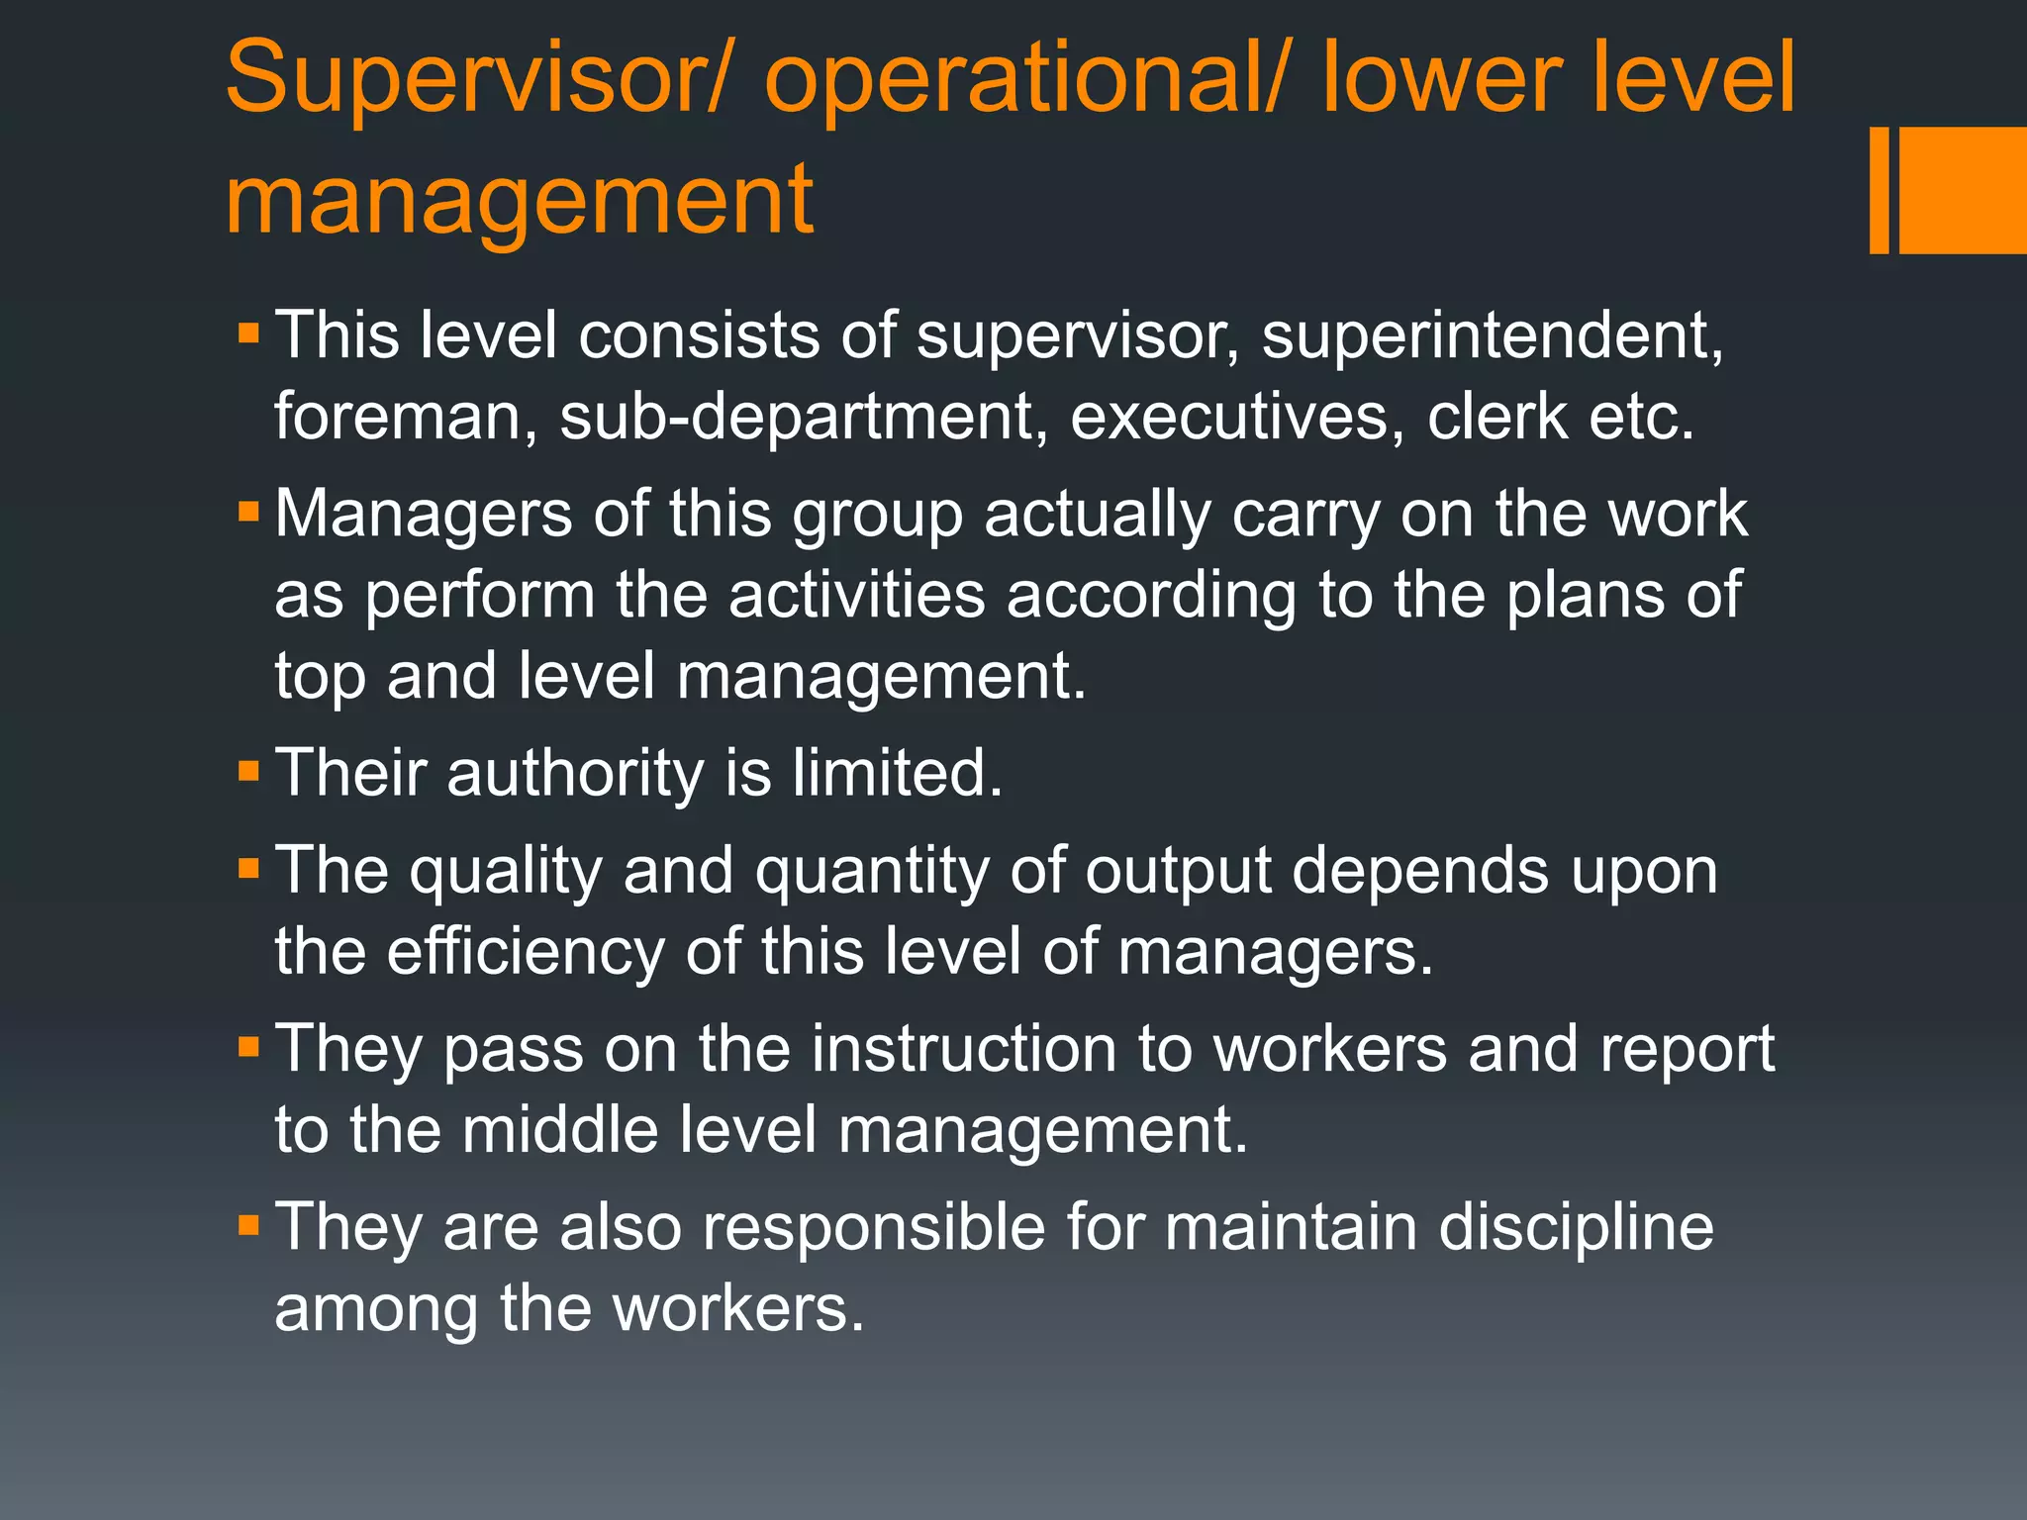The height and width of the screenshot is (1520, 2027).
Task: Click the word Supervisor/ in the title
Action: [x=474, y=79]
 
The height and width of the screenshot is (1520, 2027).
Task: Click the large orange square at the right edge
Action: [x=1963, y=190]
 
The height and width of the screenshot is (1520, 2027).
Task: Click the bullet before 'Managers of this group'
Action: [x=248, y=512]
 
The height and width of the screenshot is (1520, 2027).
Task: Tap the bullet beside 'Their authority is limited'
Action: [x=248, y=770]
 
